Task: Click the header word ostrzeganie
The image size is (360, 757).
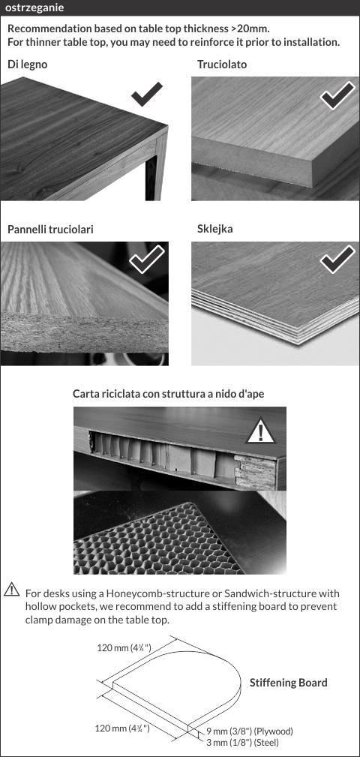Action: [x=34, y=8]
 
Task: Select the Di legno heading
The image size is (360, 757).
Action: [x=28, y=65]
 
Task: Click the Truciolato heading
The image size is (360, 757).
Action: [x=222, y=65]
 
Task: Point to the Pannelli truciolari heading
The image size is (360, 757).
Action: [x=50, y=230]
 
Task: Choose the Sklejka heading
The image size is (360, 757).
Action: [x=214, y=229]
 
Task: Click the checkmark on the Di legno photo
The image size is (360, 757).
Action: [x=147, y=94]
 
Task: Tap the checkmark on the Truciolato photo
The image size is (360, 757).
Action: [x=337, y=95]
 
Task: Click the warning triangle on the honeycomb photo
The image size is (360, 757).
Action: [x=260, y=431]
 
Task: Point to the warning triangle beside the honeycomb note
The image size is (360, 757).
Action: [x=11, y=590]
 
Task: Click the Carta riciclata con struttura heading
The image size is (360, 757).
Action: [x=169, y=393]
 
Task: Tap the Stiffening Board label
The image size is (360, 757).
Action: [x=289, y=683]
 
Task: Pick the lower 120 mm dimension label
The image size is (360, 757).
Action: [x=122, y=728]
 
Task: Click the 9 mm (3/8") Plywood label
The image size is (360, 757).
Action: [x=250, y=731]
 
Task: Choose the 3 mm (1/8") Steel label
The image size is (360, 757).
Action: [x=242, y=742]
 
